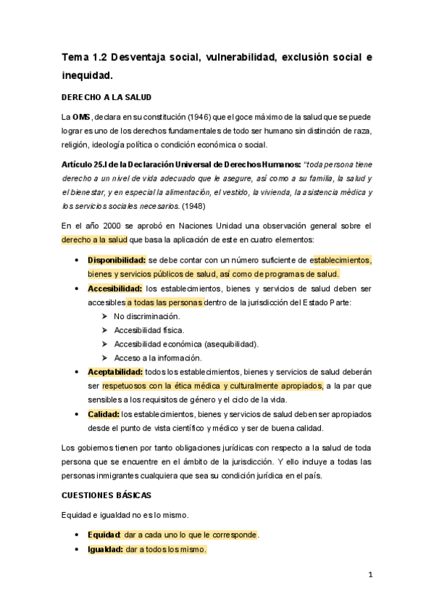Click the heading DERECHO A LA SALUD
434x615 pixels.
coord(106,97)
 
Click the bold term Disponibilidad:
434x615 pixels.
coord(117,260)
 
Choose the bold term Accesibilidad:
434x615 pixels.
coord(114,288)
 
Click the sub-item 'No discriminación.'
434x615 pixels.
coord(147,316)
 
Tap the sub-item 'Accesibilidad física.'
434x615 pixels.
coord(149,330)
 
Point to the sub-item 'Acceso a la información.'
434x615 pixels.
coord(157,358)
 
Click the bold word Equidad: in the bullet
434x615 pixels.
coord(104,534)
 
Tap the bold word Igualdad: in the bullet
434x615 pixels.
coord(105,549)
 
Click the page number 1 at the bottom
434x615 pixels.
coord(370,575)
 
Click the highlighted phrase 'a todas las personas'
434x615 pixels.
coord(165,302)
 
